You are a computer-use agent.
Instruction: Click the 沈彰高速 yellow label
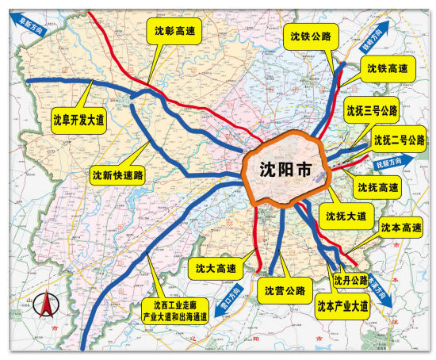pyautogui.click(x=174, y=31)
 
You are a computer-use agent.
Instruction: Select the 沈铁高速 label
pyautogui.click(x=388, y=69)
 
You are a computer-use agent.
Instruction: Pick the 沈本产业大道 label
pyautogui.click(x=342, y=304)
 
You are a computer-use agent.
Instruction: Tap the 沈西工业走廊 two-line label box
pyautogui.click(x=174, y=310)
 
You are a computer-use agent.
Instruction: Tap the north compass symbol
pyautogui.click(x=48, y=304)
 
